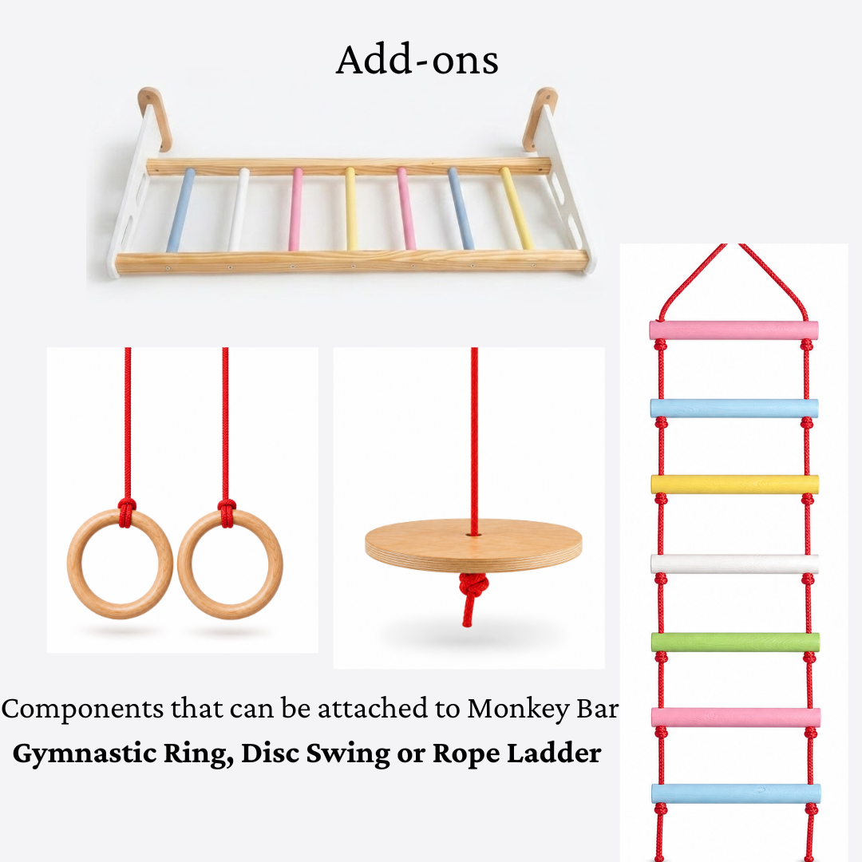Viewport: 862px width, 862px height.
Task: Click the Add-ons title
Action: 417,59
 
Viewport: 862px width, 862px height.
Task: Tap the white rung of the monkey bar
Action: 239,209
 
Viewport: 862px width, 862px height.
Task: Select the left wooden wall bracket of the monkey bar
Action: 155,119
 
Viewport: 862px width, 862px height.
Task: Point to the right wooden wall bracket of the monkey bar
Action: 540,119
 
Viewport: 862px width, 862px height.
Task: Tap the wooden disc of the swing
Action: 473,546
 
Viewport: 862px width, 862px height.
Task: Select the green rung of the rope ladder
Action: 735,642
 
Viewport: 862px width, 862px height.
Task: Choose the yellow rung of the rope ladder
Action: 735,484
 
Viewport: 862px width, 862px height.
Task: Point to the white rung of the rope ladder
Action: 735,563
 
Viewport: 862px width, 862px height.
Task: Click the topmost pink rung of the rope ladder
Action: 734,330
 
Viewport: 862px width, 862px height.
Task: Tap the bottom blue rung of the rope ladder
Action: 736,794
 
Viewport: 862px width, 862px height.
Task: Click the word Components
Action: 82,710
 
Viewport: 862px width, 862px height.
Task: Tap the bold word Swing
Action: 349,753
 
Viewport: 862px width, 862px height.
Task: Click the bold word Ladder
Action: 554,753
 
